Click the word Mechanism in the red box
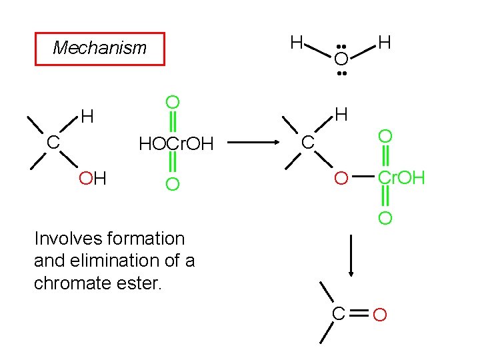[x=99, y=48]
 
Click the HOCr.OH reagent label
[x=175, y=143]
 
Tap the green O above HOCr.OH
[x=172, y=102]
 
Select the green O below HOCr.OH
[x=172, y=183]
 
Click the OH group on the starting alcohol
[x=93, y=178]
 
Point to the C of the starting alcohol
[x=53, y=143]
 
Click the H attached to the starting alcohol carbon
[x=87, y=117]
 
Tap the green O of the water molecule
[x=341, y=59]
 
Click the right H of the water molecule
[x=384, y=43]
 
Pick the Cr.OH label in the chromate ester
[x=401, y=178]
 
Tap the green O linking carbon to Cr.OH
[x=341, y=178]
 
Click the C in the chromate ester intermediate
[x=307, y=143]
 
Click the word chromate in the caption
[x=67, y=283]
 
